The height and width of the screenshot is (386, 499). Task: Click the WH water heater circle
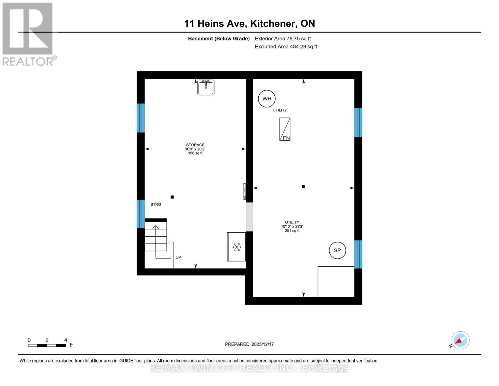click(267, 99)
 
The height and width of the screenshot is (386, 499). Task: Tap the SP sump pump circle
click(337, 250)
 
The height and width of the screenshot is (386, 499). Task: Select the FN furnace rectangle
click(285, 129)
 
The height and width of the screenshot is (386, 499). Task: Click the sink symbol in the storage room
click(206, 87)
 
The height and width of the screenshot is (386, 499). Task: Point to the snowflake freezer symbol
click(237, 247)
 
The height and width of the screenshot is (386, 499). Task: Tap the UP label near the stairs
click(178, 257)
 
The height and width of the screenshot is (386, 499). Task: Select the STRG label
click(156, 205)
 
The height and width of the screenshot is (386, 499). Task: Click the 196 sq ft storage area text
click(195, 153)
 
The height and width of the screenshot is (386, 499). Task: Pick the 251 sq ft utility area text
click(292, 231)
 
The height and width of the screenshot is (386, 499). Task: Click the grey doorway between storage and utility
click(249, 217)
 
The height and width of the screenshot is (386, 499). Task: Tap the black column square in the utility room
click(303, 187)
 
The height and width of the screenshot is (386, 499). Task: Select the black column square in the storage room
click(172, 197)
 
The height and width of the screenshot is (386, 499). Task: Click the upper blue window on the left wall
click(141, 118)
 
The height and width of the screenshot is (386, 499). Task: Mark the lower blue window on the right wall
click(358, 254)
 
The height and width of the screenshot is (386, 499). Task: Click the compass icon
click(460, 340)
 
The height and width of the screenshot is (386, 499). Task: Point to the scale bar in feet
click(47, 345)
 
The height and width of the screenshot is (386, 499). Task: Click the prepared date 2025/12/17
click(249, 344)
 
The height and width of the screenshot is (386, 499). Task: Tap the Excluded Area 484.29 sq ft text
click(286, 47)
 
